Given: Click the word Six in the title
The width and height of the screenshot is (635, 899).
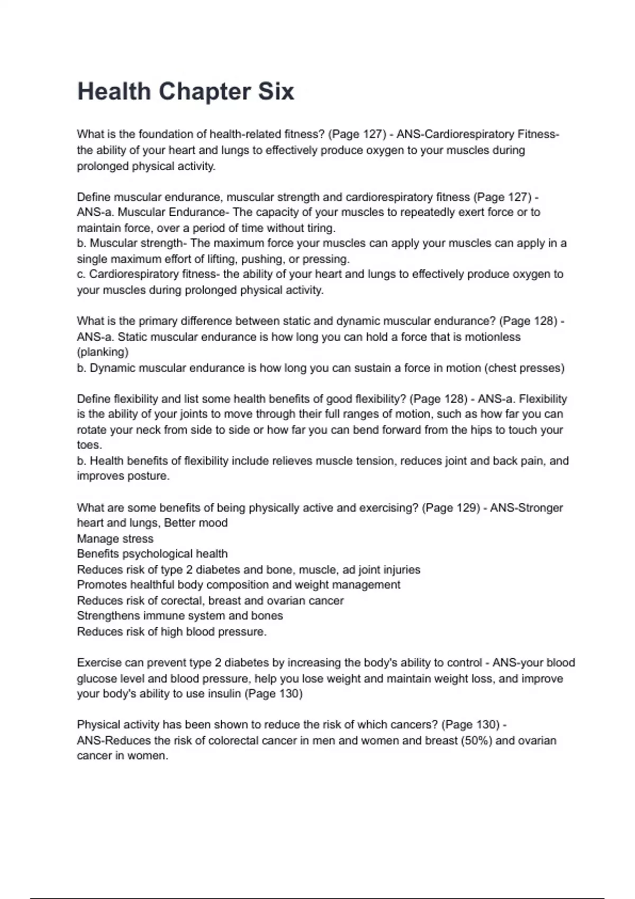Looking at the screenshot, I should [276, 91].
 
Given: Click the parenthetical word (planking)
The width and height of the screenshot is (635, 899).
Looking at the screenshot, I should [103, 352].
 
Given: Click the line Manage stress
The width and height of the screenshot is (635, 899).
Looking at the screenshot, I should [115, 539].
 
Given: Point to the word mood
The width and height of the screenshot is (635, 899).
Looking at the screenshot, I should [213, 523].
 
